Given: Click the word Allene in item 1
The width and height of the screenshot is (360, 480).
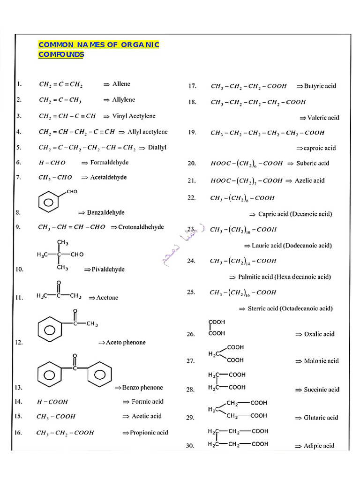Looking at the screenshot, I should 121,84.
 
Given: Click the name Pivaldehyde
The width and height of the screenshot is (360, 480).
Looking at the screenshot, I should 108,270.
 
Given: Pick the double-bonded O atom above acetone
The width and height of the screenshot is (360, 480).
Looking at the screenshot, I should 59,284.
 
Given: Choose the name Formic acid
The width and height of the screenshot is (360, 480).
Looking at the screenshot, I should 148,402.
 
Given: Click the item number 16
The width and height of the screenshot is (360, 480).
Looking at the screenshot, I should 18,432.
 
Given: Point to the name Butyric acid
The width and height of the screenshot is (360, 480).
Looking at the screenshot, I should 320,86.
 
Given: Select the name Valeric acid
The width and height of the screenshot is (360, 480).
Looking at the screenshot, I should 323,118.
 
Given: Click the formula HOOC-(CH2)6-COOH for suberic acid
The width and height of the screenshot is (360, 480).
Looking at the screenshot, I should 247,164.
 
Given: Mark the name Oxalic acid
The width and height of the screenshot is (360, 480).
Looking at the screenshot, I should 319,334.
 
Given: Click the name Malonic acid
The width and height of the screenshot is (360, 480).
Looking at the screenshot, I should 321,361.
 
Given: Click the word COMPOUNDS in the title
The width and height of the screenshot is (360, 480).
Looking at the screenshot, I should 61,54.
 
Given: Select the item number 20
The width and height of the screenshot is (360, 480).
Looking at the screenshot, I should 191,164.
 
